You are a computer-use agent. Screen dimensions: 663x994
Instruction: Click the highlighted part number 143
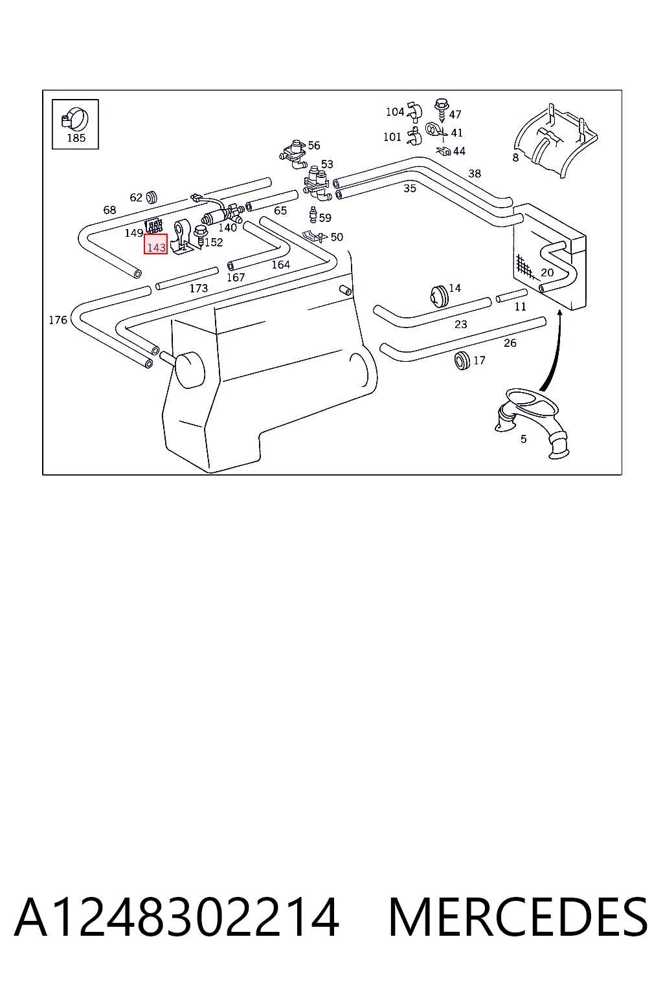pos(156,247)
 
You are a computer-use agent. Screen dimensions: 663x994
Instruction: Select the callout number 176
pos(58,320)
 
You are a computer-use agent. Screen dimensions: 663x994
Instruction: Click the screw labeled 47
pos(442,109)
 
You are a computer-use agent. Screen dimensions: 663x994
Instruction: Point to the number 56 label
pos(313,145)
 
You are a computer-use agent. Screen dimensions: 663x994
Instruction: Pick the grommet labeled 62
pos(153,197)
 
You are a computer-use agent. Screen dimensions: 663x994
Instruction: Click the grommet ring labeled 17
pos(462,360)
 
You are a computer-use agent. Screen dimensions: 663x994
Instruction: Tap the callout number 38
pos(475,173)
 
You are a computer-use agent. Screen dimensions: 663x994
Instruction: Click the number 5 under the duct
pos(524,439)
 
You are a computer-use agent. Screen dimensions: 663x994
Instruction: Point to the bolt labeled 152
pos(201,236)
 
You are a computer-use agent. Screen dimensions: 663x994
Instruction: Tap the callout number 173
pos(199,289)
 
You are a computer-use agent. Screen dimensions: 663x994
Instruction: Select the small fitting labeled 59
pos(313,215)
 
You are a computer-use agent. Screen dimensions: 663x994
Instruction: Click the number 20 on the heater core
pos(547,272)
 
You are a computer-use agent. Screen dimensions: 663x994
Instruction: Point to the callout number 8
pos(515,157)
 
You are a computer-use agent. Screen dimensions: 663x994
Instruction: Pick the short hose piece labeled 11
pos(511,296)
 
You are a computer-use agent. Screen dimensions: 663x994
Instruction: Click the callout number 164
pos(280,265)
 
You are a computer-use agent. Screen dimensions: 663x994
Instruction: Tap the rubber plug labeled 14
pos(439,296)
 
